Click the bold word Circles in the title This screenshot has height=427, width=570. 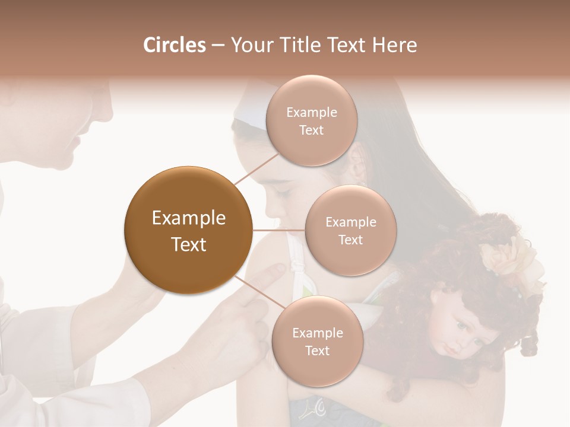point(174,45)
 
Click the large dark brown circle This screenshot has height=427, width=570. point(188,230)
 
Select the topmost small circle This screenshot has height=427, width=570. point(311,121)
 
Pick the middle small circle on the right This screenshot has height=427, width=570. point(350,231)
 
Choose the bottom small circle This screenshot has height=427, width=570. point(317,342)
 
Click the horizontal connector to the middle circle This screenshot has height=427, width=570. point(279,230)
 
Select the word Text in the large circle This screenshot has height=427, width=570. point(188,244)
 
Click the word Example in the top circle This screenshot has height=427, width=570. point(311,113)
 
